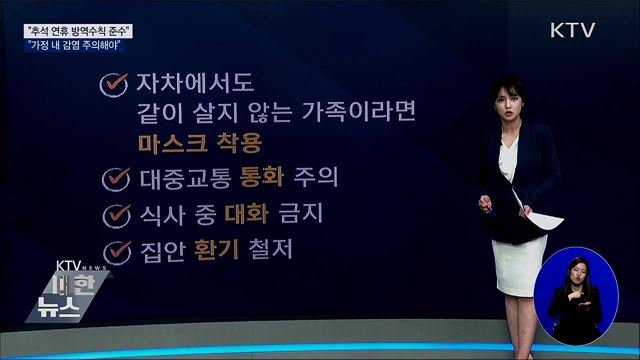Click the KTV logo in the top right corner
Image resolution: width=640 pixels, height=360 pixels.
(574, 30)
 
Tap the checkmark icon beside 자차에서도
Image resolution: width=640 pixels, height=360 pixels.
(113, 86)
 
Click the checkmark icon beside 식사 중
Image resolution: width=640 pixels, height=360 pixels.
(118, 214)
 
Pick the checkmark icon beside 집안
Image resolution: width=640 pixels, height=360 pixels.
(119, 249)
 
